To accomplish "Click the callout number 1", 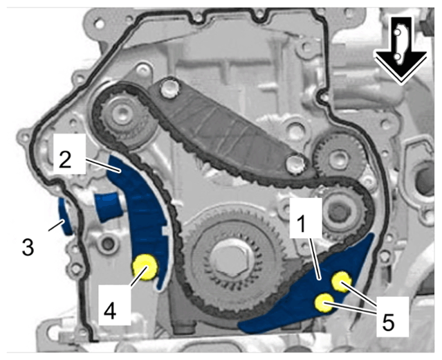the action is click(x=302, y=225).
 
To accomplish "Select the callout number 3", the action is click(x=28, y=247).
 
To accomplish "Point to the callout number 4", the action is click(x=110, y=311).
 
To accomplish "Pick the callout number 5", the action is click(x=387, y=322).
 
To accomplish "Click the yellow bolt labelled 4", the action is click(x=145, y=267).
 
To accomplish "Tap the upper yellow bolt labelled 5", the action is click(x=342, y=282).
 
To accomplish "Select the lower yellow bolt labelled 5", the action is click(x=324, y=303).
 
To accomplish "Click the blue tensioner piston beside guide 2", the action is click(x=109, y=206).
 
